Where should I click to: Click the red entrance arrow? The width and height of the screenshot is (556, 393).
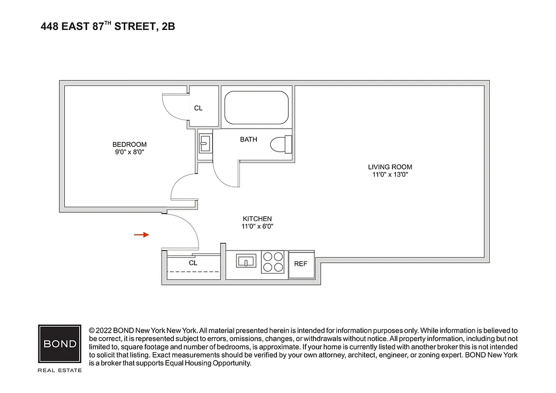[141, 235]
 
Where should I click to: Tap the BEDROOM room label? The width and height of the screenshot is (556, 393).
[129, 144]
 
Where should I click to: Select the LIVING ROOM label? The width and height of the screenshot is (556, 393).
[390, 167]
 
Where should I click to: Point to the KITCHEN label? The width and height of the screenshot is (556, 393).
[257, 219]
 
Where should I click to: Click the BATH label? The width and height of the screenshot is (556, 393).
[249, 140]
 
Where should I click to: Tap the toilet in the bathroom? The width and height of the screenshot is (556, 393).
[280, 144]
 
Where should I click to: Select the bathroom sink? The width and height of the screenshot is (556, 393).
[205, 144]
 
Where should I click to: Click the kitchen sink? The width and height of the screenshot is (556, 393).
[245, 260]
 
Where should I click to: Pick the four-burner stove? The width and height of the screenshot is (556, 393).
[273, 262]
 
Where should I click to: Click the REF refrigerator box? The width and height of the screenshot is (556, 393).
[301, 264]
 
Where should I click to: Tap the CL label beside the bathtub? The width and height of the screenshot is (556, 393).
[198, 108]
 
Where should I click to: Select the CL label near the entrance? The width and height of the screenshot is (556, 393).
[193, 263]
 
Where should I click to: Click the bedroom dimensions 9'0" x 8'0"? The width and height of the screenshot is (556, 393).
[129, 152]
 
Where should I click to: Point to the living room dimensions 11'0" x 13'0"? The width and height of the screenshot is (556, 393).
[390, 174]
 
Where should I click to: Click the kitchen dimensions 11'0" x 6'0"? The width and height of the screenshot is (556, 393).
[257, 226]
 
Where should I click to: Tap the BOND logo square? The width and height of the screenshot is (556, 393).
[60, 344]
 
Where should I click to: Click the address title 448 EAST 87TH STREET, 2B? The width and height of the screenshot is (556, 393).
[108, 27]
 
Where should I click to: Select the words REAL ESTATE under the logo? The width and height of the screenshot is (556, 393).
[60, 370]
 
